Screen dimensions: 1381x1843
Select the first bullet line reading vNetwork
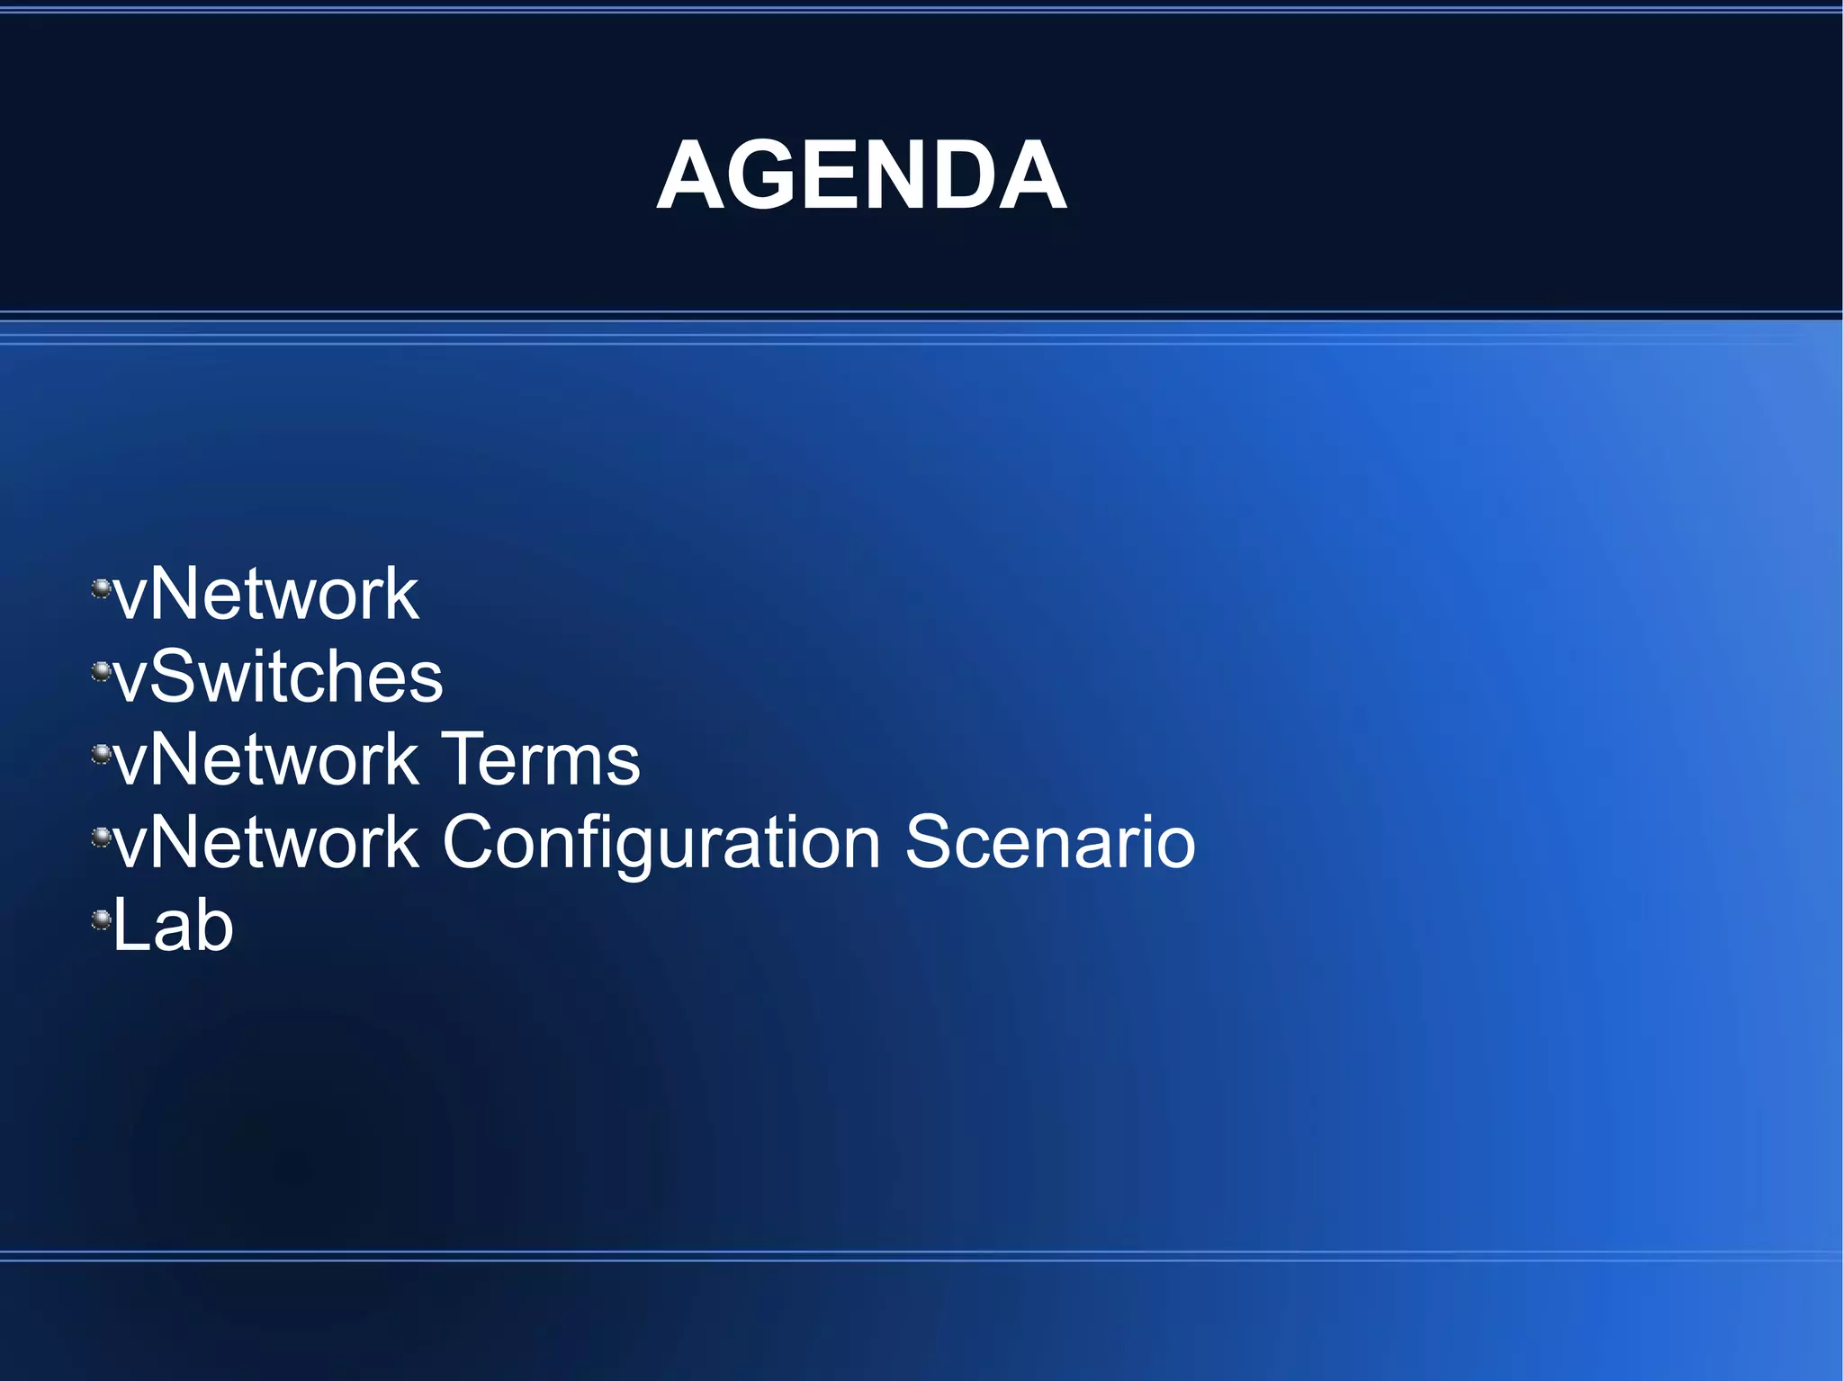pos(266,595)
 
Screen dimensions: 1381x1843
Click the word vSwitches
pos(279,677)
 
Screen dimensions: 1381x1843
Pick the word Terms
pos(541,760)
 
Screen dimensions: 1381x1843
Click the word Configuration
pos(661,843)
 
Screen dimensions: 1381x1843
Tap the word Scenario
pos(1050,843)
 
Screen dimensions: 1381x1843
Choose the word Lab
pos(173,926)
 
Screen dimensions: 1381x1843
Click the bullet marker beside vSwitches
pos(102,671)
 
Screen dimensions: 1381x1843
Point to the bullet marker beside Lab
pos(102,919)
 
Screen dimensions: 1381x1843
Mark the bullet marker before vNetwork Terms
pos(102,754)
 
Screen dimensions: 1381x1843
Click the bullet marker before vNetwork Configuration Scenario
pos(102,838)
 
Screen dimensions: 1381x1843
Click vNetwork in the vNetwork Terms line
pos(266,760)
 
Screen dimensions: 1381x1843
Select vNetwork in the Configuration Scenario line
pos(266,843)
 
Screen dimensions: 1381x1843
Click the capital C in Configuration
pos(472,843)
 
